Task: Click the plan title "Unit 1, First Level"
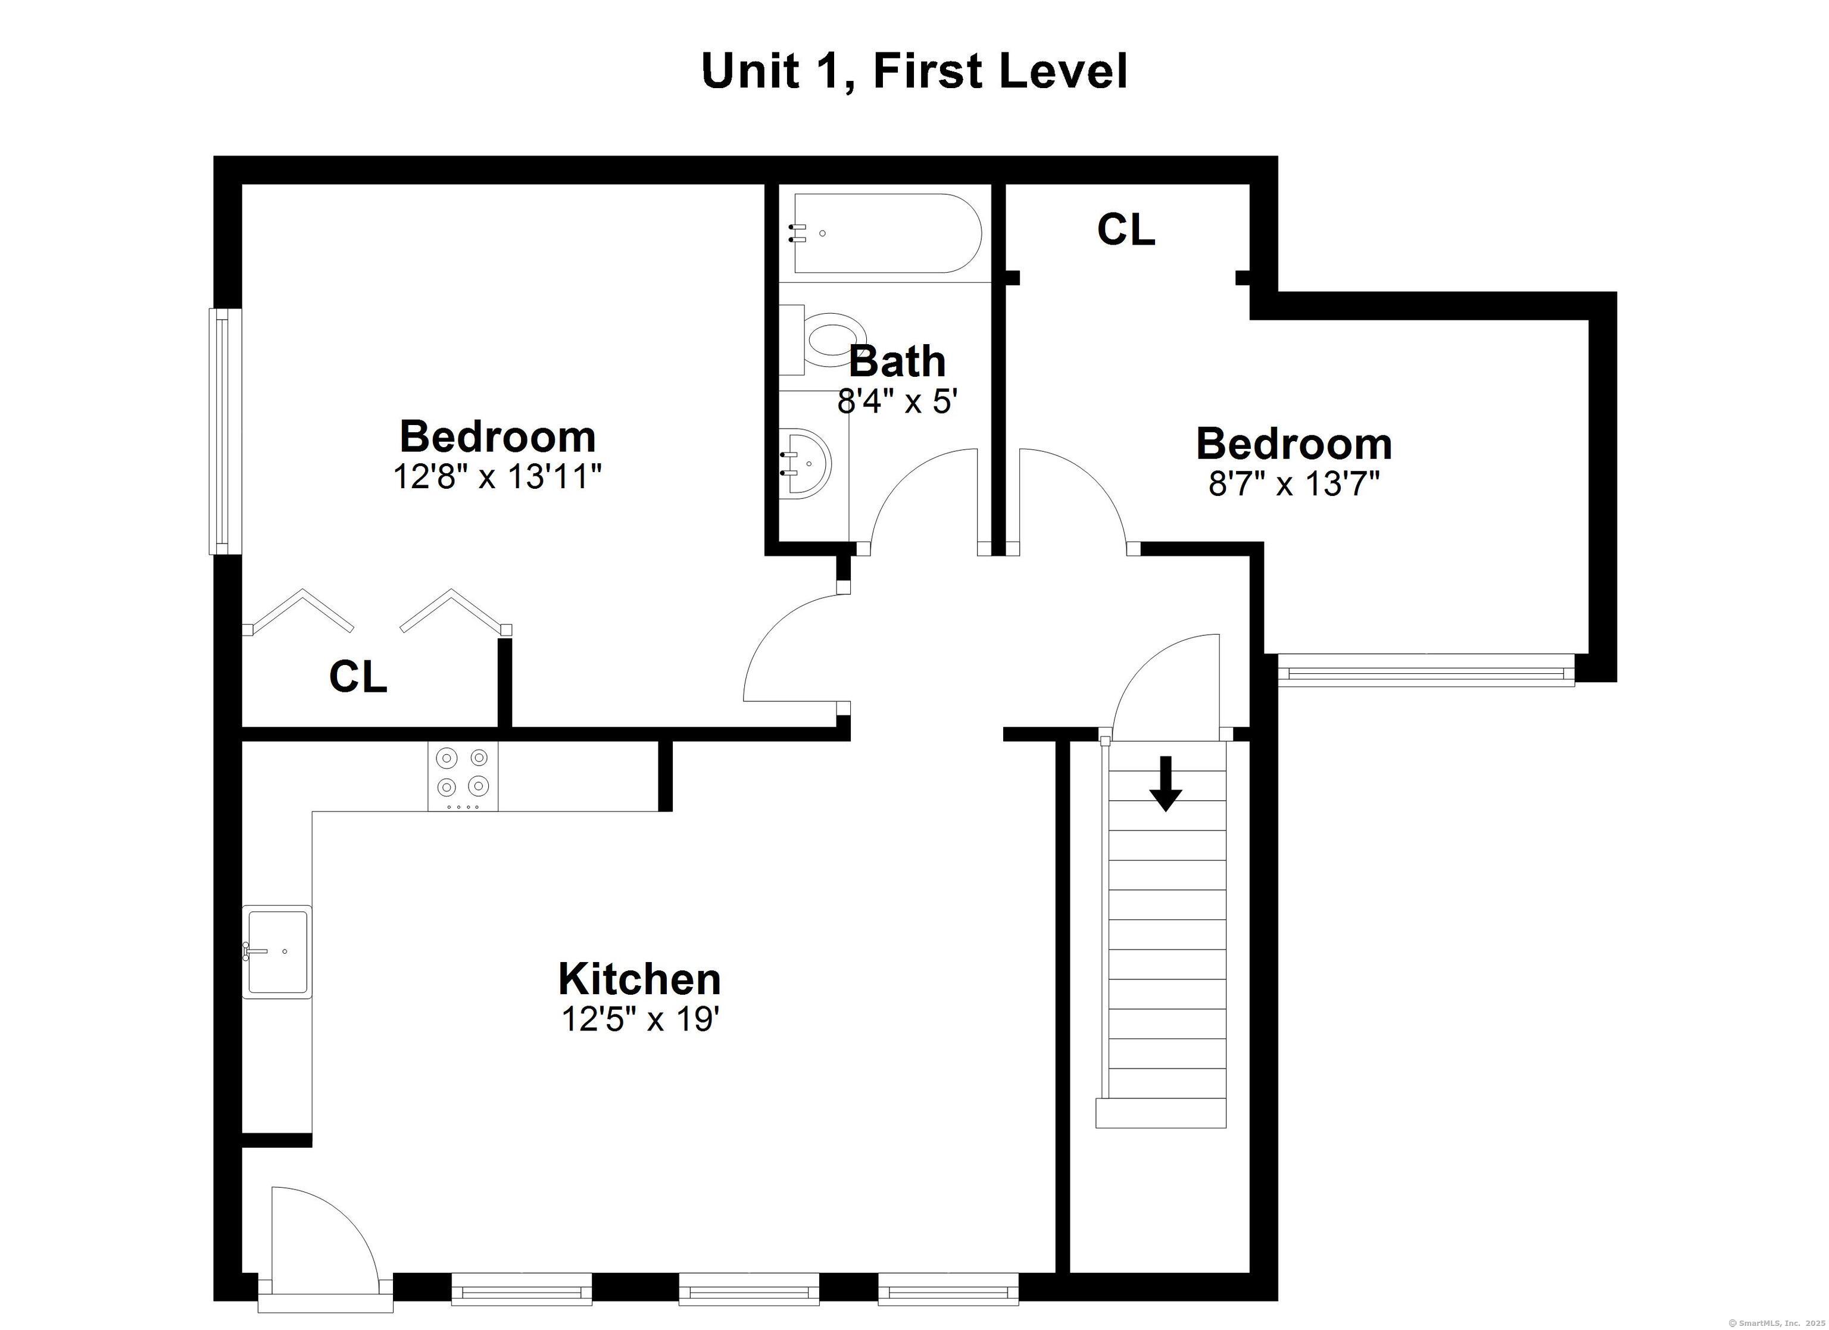click(x=914, y=72)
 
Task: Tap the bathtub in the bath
click(x=887, y=233)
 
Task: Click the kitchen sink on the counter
click(x=277, y=952)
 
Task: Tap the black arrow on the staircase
click(x=1165, y=783)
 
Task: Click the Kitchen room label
click(x=639, y=979)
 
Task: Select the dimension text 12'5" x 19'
click(x=639, y=1019)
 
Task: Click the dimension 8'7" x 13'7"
click(x=1294, y=484)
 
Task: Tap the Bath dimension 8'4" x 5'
click(x=897, y=400)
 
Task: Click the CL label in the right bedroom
click(x=1126, y=229)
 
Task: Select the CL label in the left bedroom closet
click(x=358, y=676)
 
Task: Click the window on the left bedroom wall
click(x=225, y=432)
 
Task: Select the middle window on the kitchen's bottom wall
click(x=749, y=1289)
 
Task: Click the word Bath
click(x=897, y=361)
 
